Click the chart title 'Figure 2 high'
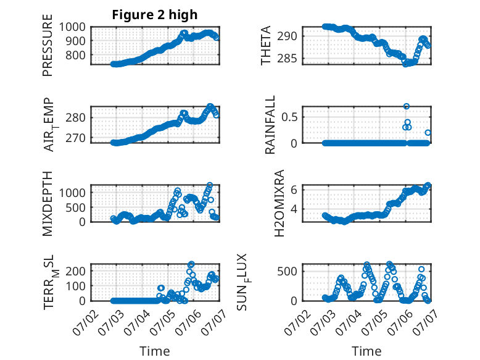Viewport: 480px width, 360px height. pyautogui.click(x=155, y=15)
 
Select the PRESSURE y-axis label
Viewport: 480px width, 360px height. pyautogui.click(x=48, y=45)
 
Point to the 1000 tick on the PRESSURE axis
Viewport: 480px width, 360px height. pyautogui.click(x=72, y=27)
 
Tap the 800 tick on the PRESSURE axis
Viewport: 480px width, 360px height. pyautogui.click(x=76, y=56)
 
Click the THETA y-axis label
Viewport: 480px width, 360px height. pyautogui.click(x=266, y=45)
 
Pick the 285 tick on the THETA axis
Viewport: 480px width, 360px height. pyautogui.click(x=287, y=58)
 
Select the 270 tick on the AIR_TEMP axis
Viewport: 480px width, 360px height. pyautogui.click(x=76, y=138)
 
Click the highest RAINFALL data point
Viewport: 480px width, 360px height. pyautogui.click(x=406, y=106)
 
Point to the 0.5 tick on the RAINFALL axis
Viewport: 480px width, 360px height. pyautogui.click(x=289, y=117)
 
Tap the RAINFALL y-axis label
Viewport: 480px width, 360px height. pyautogui.click(x=270, y=125)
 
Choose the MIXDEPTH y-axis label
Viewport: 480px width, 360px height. pyautogui.click(x=48, y=204)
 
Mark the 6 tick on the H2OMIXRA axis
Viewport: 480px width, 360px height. pyautogui.click(x=294, y=190)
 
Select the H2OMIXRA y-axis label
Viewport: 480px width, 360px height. pyautogui.click(x=279, y=203)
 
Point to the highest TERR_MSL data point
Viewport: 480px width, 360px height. pyautogui.click(x=191, y=264)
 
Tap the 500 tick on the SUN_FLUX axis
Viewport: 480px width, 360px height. pyautogui.click(x=287, y=272)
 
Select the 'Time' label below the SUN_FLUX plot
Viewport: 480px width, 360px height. pyautogui.click(x=366, y=351)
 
